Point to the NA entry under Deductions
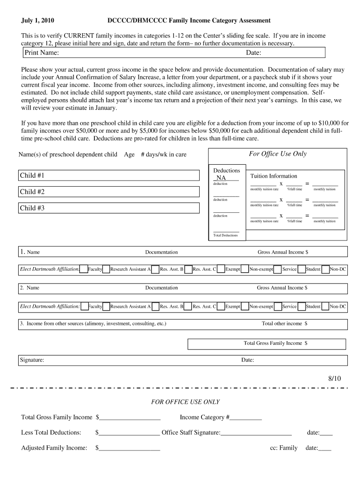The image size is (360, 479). point(221,178)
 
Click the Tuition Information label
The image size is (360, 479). point(274,176)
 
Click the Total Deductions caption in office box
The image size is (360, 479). point(225,235)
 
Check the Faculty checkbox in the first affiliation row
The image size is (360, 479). point(84,269)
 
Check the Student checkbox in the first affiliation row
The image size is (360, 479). point(301,269)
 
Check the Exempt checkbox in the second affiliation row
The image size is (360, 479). point(221,306)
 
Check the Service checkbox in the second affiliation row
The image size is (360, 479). point(278,306)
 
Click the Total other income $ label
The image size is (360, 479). point(284,324)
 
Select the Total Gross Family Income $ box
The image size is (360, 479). point(267,343)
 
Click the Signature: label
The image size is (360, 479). point(32,360)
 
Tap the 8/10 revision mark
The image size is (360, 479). point(335,378)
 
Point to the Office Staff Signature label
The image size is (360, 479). point(191,433)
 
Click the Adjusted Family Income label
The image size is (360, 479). point(54,448)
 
